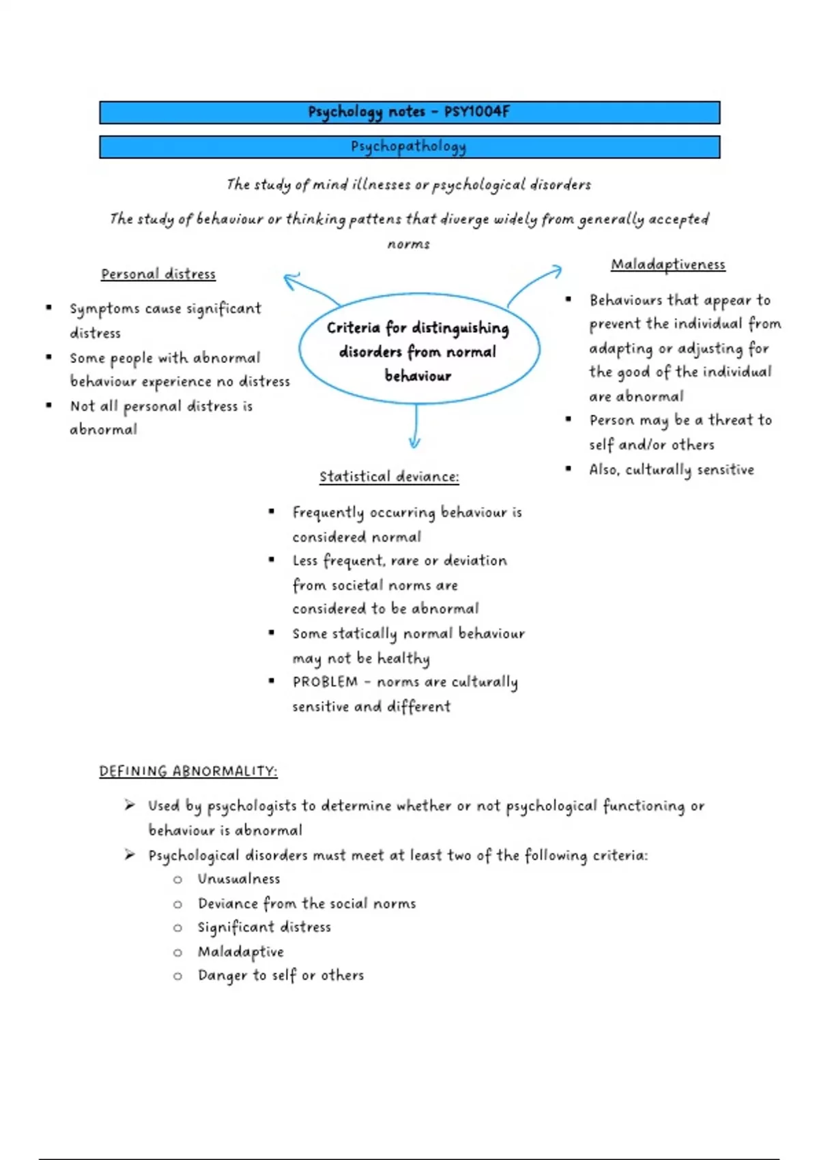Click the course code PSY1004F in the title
click(x=476, y=112)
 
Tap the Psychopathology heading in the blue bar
click(x=408, y=147)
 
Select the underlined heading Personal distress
click(x=158, y=274)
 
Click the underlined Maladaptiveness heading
click(x=667, y=265)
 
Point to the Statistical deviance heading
click(x=389, y=477)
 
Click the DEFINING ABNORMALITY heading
click(x=188, y=772)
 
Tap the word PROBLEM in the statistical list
click(x=325, y=682)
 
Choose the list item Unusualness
click(x=239, y=879)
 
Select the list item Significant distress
click(x=264, y=927)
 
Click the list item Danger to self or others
click(x=281, y=976)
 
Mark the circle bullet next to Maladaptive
click(x=177, y=953)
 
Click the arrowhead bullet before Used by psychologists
click(x=130, y=806)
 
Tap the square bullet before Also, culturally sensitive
click(x=568, y=469)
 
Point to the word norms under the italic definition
click(x=408, y=244)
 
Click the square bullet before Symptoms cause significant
click(x=48, y=308)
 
